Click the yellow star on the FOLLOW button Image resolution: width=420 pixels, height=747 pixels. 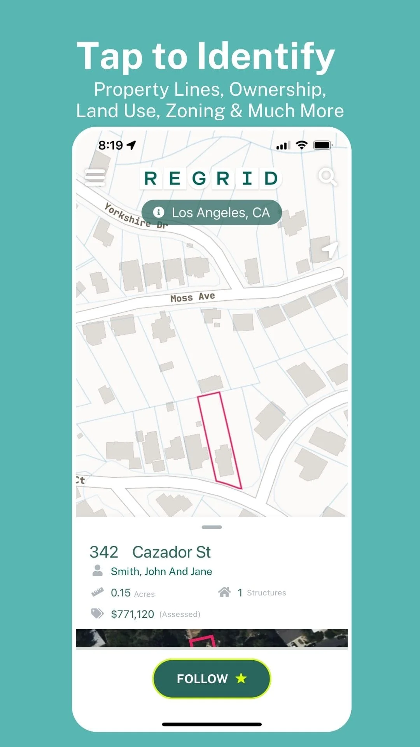pyautogui.click(x=241, y=678)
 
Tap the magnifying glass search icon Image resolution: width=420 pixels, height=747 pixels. pyautogui.click(x=327, y=177)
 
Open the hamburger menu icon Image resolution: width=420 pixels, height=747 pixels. pyautogui.click(x=95, y=177)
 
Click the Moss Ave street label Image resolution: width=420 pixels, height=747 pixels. pyautogui.click(x=192, y=297)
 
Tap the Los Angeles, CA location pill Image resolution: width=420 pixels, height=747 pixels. pyautogui.click(x=212, y=212)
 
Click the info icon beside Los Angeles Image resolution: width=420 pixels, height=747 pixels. pyautogui.click(x=158, y=212)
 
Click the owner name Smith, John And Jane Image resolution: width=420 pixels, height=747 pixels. pyautogui.click(x=161, y=571)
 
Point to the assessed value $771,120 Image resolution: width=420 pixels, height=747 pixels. pyautogui.click(x=133, y=614)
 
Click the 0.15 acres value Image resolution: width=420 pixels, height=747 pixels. pyautogui.click(x=121, y=593)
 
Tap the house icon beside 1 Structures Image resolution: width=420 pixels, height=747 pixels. pyautogui.click(x=224, y=592)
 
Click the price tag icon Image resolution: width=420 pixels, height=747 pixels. pyautogui.click(x=97, y=614)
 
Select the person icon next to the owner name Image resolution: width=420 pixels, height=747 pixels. pyautogui.click(x=98, y=570)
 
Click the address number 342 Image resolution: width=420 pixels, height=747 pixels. pyautogui.click(x=104, y=552)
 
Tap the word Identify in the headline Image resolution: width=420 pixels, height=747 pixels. pyautogui.click(x=266, y=56)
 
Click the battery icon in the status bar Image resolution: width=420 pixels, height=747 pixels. pyautogui.click(x=322, y=145)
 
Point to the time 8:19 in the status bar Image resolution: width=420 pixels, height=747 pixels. pyautogui.click(x=110, y=145)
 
